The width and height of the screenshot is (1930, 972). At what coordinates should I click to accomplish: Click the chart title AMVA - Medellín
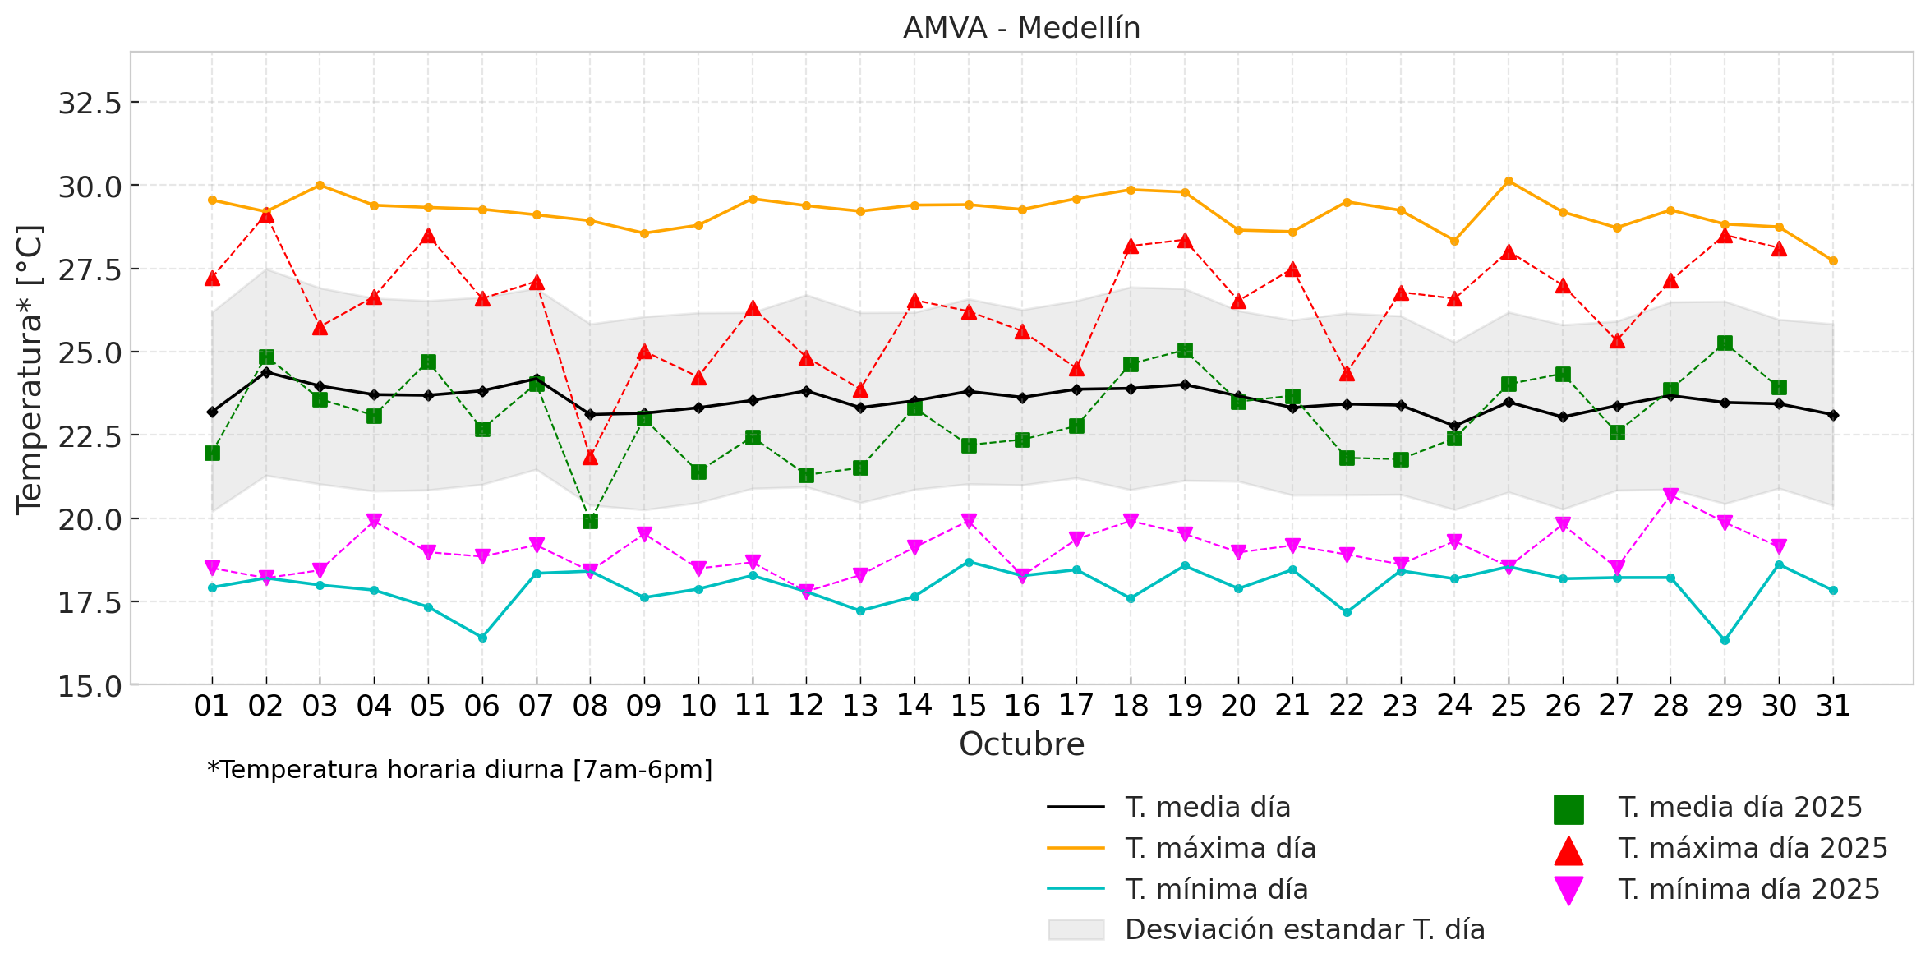point(1021,29)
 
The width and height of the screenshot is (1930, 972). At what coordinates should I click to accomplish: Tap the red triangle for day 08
point(590,457)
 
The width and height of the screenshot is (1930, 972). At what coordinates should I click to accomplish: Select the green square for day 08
point(590,521)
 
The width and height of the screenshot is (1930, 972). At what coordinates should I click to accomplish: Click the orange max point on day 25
point(1509,181)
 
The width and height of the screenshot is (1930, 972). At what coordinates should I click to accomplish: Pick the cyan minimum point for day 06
point(482,638)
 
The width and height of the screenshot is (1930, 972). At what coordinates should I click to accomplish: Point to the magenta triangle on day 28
point(1670,495)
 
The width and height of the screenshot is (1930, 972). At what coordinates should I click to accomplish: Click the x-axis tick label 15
point(969,706)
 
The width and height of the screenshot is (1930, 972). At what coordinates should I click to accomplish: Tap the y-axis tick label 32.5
point(90,104)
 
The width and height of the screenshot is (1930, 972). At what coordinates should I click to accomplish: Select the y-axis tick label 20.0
point(90,519)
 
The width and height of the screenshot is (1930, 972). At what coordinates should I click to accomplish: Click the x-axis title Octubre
point(1021,744)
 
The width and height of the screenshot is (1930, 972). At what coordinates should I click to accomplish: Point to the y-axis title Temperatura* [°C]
point(30,370)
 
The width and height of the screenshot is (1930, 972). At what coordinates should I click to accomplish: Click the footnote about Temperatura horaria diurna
point(460,770)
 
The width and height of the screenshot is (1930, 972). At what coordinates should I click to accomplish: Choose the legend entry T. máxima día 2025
point(1753,848)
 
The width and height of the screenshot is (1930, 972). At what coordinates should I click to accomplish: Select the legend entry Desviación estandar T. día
point(1304,929)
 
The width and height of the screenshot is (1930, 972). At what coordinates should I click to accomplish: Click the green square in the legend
point(1568,809)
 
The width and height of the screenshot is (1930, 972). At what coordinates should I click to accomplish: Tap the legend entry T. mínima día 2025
point(1748,889)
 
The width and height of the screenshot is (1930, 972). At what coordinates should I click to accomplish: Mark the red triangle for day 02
point(266,215)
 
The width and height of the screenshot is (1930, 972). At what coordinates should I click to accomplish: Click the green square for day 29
point(1725,343)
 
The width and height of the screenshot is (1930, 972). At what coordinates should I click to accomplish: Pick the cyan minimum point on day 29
point(1725,640)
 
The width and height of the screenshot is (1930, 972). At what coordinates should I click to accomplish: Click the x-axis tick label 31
point(1833,706)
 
